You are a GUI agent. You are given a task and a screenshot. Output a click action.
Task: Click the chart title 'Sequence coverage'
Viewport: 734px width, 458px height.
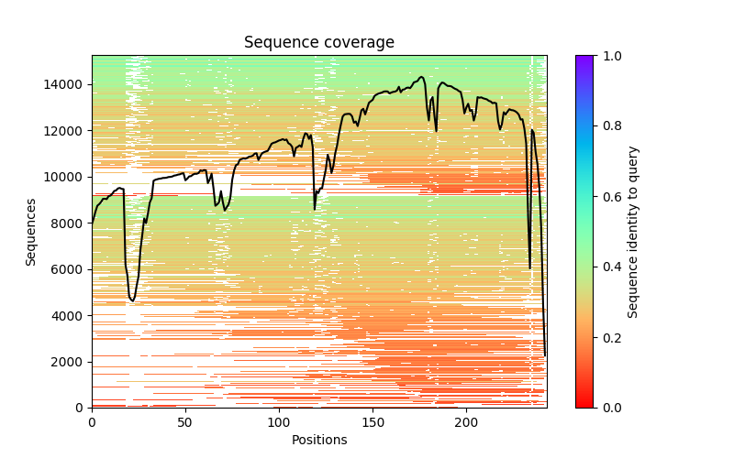coord(318,43)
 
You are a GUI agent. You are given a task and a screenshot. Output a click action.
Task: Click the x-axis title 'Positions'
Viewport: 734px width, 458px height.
coord(318,440)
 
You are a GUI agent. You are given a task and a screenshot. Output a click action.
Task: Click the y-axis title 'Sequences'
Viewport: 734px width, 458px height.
coord(31,232)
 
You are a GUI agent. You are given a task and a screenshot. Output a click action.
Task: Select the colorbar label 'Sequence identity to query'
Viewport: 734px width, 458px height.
coord(633,232)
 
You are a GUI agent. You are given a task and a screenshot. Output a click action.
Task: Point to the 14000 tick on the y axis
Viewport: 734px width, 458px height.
coord(67,84)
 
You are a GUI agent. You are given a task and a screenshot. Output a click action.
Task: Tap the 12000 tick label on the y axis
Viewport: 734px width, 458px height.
coord(67,131)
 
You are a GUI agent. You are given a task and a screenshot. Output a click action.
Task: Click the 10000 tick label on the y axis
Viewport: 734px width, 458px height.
coord(67,177)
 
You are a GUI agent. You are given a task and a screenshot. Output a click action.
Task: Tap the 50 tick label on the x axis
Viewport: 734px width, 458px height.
coord(185,421)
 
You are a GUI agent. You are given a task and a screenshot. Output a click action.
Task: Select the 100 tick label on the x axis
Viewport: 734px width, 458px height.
coord(279,421)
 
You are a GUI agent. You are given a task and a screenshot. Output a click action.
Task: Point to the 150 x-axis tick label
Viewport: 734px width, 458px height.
coord(373,421)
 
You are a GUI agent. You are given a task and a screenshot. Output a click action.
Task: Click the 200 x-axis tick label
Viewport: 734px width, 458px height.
coord(466,421)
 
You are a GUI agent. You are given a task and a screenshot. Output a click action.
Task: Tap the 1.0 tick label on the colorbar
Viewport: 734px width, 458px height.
coord(609,56)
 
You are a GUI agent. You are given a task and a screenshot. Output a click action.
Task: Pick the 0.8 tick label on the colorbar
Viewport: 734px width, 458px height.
coord(609,126)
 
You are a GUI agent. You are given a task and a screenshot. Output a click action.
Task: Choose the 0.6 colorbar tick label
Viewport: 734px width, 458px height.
coord(609,197)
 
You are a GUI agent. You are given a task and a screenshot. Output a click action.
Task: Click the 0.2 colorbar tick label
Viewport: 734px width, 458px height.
coord(609,338)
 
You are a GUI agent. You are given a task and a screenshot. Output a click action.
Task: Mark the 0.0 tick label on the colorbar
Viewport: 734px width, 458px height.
coord(609,408)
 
